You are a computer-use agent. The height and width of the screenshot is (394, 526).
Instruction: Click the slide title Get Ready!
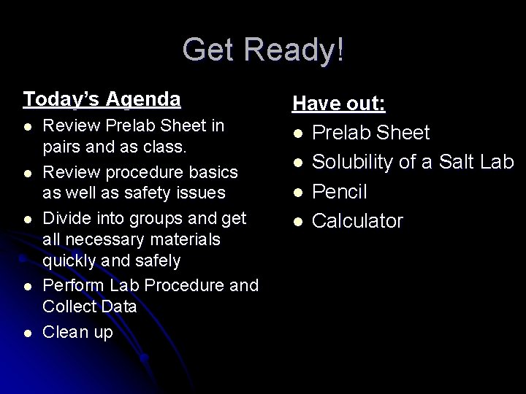[263, 50]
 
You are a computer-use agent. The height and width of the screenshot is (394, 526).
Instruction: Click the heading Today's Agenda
[102, 98]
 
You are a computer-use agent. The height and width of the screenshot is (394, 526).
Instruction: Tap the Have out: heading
[339, 104]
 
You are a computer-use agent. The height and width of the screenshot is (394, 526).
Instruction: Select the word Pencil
[340, 192]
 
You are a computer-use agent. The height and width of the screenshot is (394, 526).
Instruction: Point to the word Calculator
[357, 221]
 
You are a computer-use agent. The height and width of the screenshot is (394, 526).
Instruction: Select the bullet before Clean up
[27, 333]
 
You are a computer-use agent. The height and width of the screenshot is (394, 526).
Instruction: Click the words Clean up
[78, 333]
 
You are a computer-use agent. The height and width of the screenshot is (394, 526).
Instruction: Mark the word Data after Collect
[119, 306]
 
